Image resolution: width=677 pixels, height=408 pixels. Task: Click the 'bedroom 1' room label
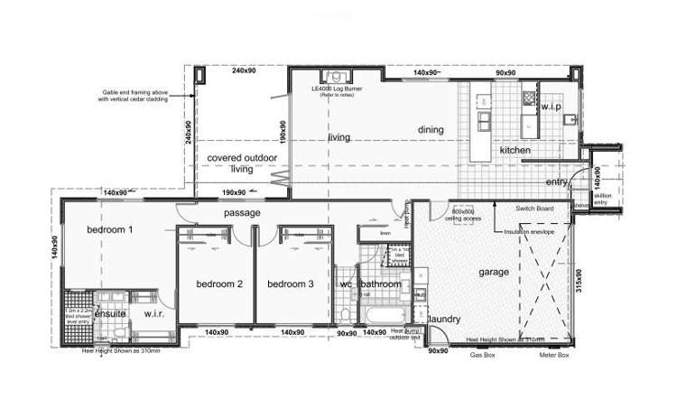coord(110,230)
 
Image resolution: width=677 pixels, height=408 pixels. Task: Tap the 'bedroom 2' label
coord(220,283)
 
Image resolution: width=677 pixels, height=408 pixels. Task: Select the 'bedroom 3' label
coord(291,283)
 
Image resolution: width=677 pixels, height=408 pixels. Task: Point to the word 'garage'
coord(493,272)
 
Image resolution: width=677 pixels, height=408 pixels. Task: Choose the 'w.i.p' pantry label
coord(552,107)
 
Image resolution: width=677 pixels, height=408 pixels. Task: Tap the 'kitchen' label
coord(515,150)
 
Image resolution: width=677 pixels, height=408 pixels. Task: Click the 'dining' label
coord(431,130)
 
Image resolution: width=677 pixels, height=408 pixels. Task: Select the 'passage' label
coord(243,213)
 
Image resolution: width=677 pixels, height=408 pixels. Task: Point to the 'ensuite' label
coord(110,313)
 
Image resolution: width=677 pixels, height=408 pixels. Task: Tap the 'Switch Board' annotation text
coord(534,209)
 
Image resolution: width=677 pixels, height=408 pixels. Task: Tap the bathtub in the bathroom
coord(378,316)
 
